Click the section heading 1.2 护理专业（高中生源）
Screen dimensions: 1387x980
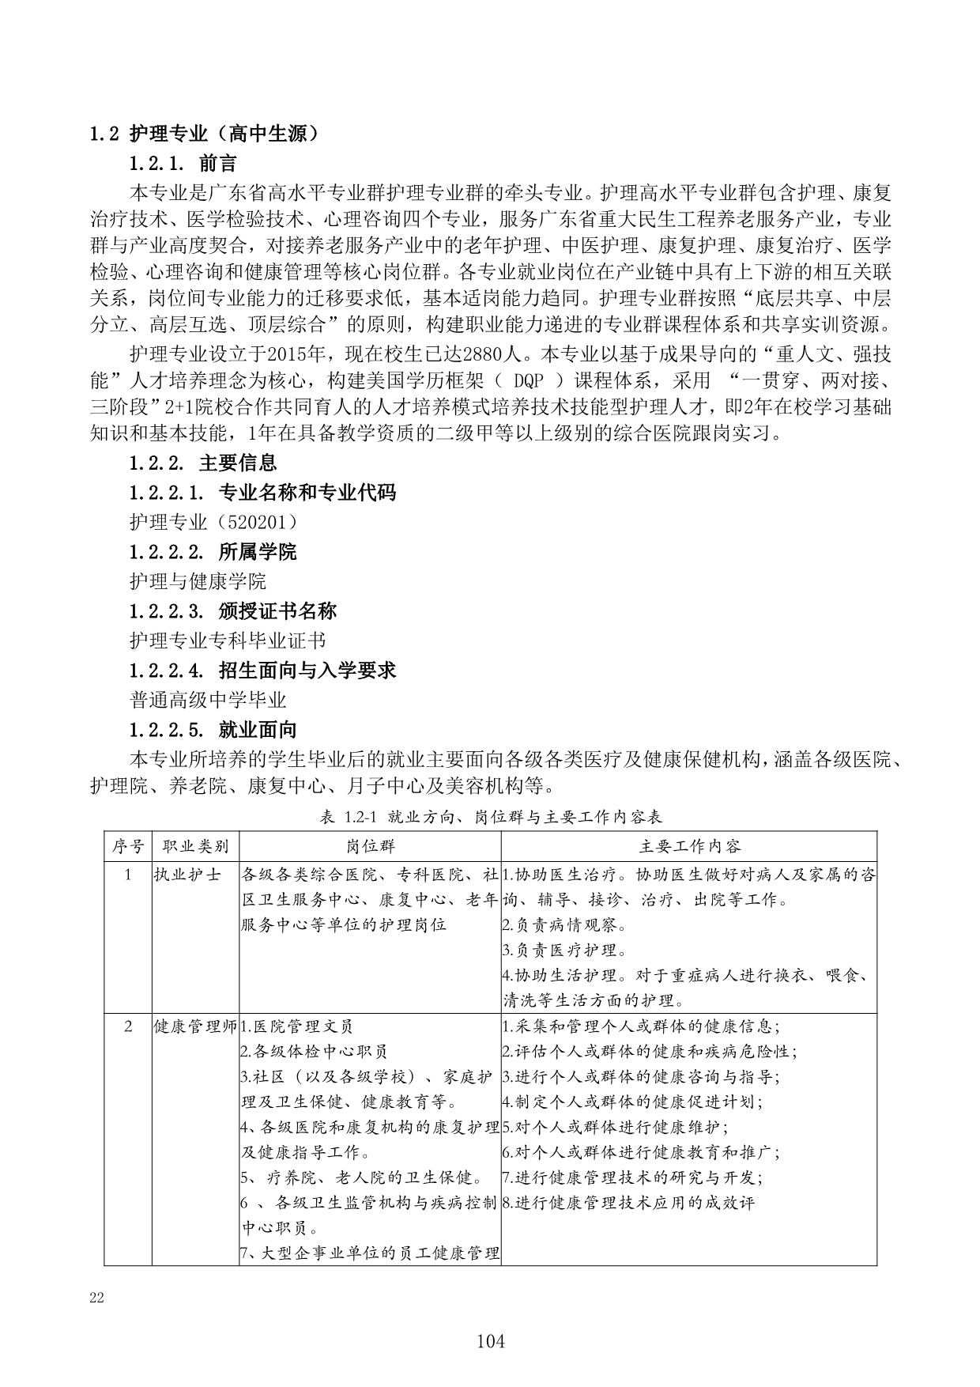205,134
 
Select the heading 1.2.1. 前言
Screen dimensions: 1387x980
183,164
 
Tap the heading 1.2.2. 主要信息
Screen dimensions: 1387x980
203,463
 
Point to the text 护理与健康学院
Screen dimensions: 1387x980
198,581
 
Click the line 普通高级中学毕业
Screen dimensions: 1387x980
208,700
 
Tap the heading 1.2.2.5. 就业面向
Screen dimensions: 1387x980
213,730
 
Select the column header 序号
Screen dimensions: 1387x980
128,846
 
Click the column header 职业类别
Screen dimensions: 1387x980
195,846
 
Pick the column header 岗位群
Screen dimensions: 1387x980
370,846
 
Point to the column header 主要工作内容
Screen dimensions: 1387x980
689,846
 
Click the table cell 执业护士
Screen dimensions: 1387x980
187,875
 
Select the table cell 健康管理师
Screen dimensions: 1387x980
195,1027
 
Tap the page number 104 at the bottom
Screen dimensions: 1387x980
491,1341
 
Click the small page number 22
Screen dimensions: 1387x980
97,1298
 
